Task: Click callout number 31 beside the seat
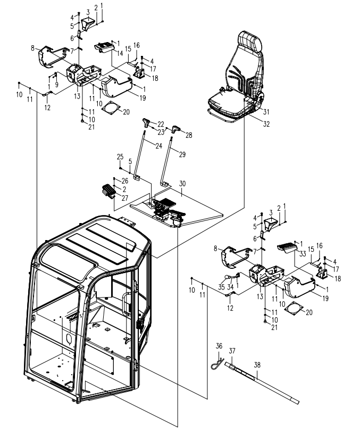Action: (x=266, y=111)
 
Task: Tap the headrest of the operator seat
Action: (x=249, y=40)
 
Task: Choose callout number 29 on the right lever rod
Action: (x=183, y=154)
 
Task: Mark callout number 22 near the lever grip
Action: (x=161, y=123)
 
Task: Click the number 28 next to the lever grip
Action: (x=188, y=136)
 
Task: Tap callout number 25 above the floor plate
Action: (x=121, y=156)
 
